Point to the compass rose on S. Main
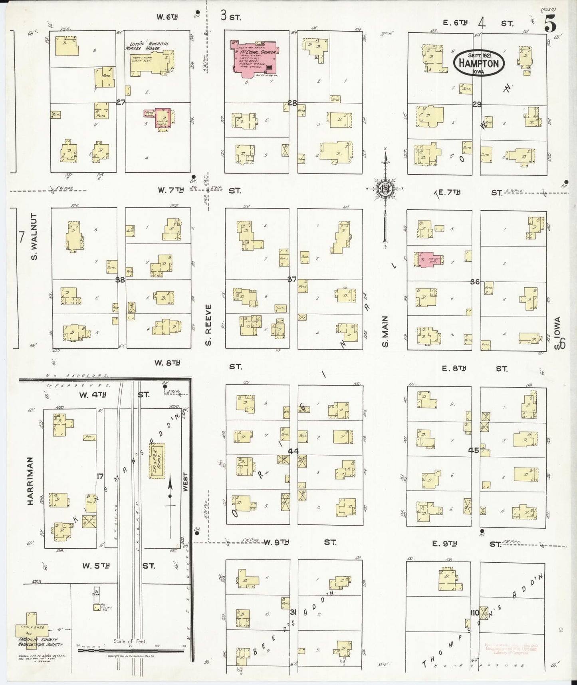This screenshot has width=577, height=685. coord(385,189)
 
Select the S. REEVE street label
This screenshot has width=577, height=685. coord(208,324)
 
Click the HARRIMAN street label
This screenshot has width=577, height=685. coord(31,481)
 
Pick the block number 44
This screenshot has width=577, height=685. coord(293,451)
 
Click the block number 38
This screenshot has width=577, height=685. coord(120,280)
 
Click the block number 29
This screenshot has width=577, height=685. coord(477,104)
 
